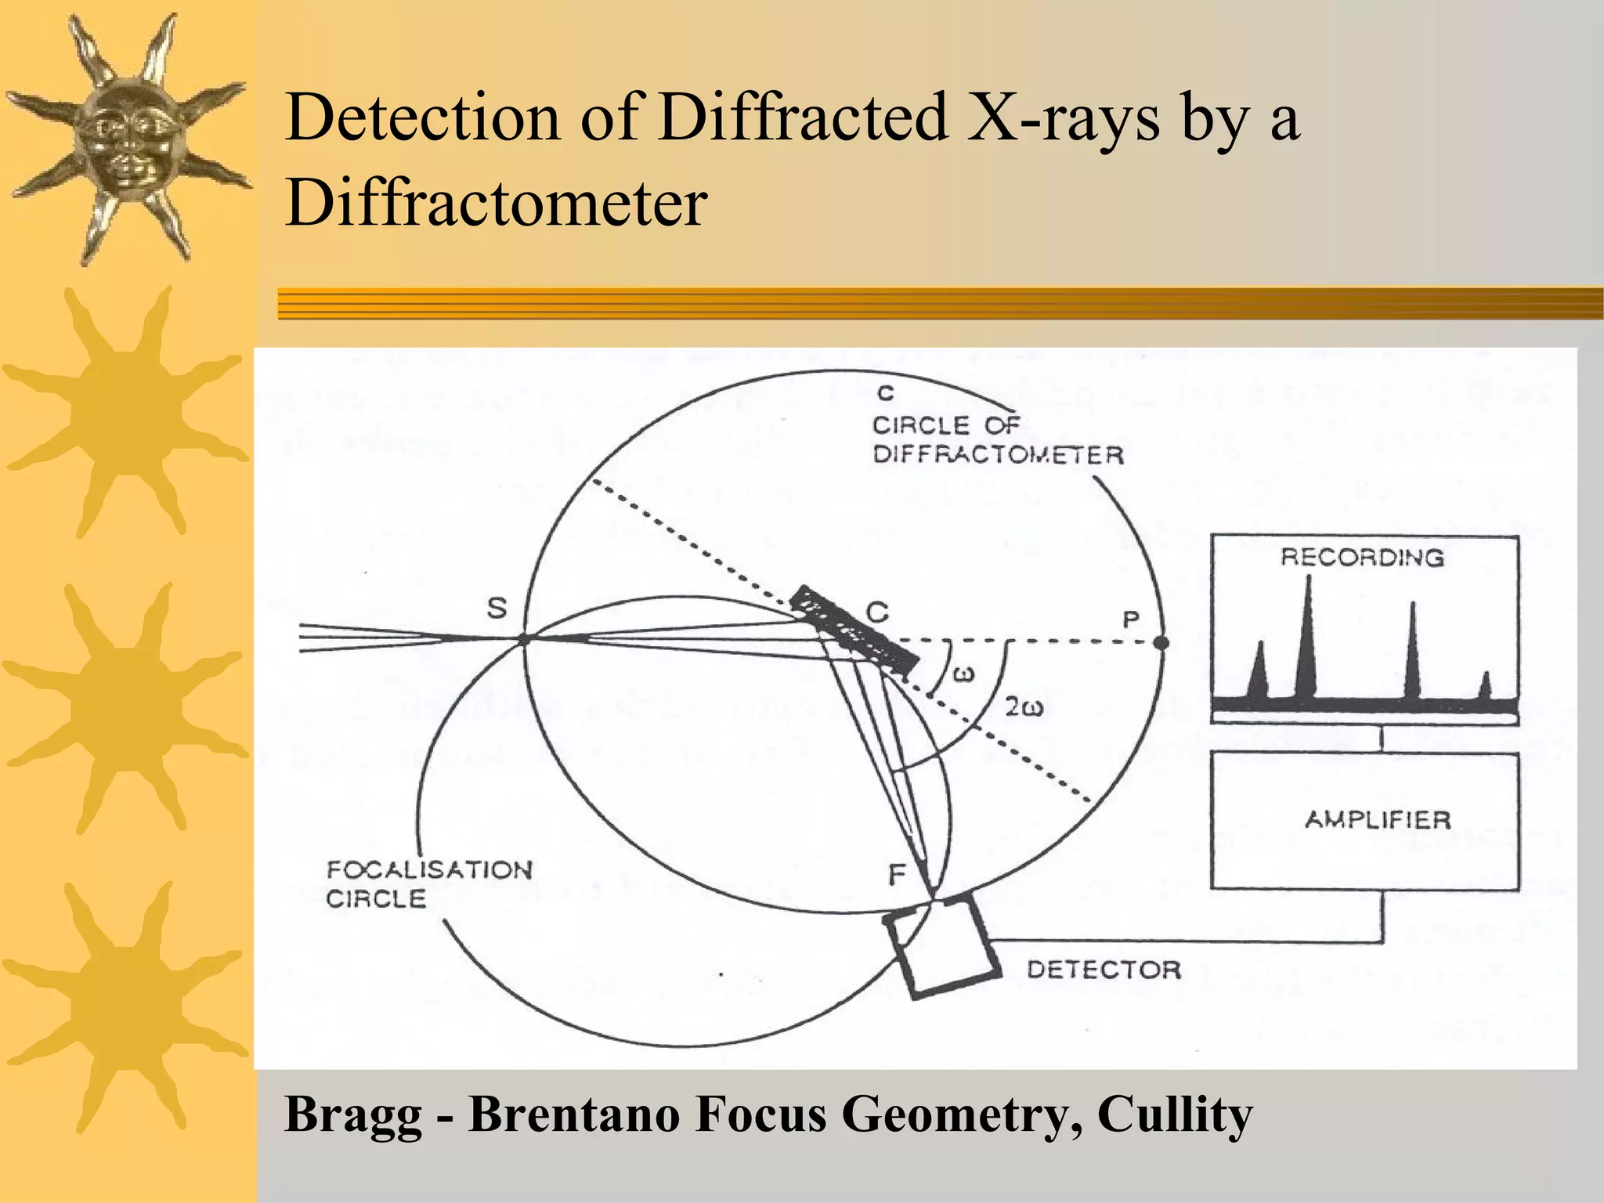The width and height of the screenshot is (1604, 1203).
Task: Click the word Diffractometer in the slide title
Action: [x=497, y=203]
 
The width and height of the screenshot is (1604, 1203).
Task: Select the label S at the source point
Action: [x=497, y=608]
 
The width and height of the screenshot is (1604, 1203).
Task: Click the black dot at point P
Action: [x=1161, y=642]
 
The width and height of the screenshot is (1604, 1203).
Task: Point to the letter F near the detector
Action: [x=898, y=875]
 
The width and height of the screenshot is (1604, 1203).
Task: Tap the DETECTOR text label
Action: [x=1104, y=970]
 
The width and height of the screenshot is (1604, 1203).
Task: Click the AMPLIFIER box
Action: [x=1364, y=820]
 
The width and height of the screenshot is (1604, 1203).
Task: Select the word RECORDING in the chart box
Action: [x=1362, y=557]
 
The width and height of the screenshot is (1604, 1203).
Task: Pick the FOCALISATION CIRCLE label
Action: [x=428, y=883]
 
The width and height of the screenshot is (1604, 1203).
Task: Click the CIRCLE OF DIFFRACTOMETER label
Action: [x=997, y=439]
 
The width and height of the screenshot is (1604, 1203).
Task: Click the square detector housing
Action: [x=944, y=951]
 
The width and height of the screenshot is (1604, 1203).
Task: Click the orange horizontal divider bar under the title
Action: [x=940, y=303]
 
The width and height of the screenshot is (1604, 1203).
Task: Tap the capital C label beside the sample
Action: [x=877, y=610]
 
